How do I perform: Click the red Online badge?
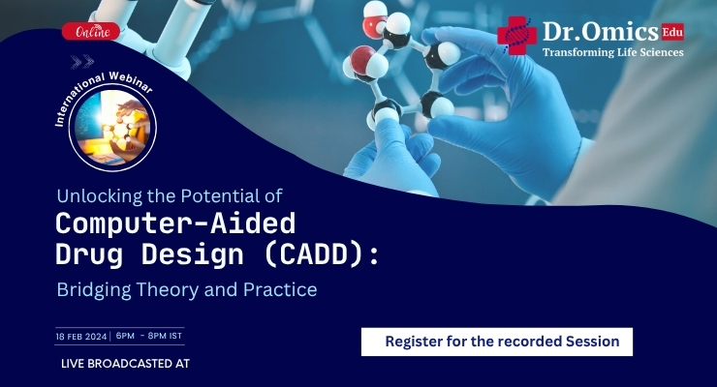[91, 32]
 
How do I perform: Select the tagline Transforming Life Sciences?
[612, 52]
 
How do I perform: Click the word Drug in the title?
[86, 254]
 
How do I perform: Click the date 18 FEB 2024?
[81, 336]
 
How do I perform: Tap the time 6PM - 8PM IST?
[149, 336]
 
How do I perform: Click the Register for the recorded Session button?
[496, 342]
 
